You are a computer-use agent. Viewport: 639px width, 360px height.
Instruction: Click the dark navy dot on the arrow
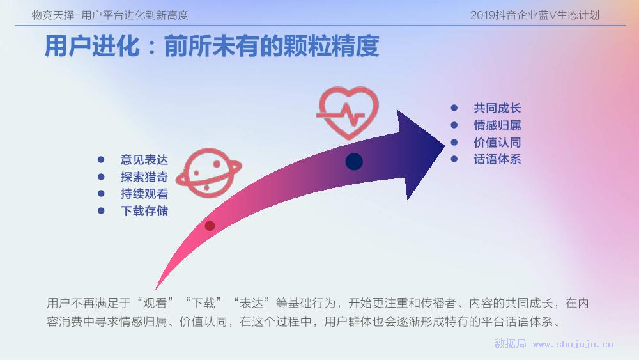tap(354, 161)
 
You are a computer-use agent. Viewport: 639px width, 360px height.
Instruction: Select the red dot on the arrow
tap(210, 226)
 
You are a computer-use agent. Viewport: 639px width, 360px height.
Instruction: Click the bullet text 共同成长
tap(497, 108)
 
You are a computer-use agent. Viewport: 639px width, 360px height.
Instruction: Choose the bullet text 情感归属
tap(497, 125)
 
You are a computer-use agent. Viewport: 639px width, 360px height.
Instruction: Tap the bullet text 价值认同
tap(497, 143)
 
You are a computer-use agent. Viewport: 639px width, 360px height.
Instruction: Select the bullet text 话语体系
tap(497, 159)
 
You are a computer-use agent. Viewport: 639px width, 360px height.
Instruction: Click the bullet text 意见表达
tap(144, 160)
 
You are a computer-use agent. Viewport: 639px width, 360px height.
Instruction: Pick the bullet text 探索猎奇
tap(144, 177)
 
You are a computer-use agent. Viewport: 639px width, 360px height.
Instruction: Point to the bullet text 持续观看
tap(144, 194)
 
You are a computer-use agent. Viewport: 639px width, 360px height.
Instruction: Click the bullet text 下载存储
tap(144, 211)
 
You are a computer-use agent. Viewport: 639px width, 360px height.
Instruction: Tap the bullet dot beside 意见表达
tap(101, 160)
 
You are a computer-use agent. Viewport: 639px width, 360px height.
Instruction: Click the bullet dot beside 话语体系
tap(454, 159)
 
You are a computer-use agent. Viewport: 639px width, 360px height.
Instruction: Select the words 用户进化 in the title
tap(92, 45)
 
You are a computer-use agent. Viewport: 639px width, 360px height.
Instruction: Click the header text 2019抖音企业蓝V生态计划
tap(535, 15)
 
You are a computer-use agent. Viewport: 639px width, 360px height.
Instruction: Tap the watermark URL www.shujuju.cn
tap(573, 344)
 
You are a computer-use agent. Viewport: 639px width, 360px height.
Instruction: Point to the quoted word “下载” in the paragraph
tap(203, 303)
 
